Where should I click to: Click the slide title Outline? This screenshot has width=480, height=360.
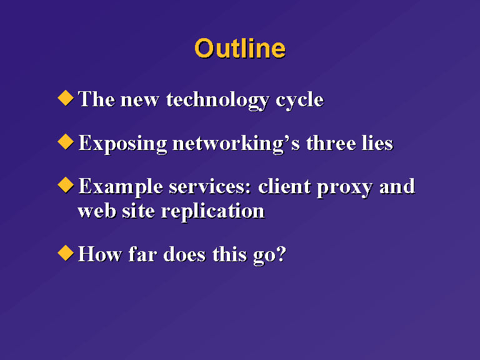coord(240,48)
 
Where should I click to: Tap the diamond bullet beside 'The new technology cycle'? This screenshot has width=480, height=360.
coord(66,98)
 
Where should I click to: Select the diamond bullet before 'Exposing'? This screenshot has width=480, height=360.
coord(66,142)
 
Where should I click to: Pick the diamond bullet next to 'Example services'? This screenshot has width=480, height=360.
coord(66,185)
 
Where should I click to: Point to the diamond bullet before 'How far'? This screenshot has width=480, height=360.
coord(66,253)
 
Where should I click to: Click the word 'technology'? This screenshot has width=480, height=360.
coord(218,101)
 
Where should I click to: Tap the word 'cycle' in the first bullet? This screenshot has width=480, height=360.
coord(300,101)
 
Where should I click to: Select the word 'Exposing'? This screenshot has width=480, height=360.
coord(122,144)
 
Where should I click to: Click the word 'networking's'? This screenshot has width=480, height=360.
coord(236,144)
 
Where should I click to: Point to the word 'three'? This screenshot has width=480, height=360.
coord(331,143)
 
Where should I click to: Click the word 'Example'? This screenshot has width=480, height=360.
coord(121,187)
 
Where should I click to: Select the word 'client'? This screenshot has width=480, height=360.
coord(285,186)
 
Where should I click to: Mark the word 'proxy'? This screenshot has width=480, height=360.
coord(345,188)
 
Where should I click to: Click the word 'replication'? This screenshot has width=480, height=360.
coord(212,212)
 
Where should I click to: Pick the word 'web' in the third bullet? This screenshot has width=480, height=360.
coord(97,211)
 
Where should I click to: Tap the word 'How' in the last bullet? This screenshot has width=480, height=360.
coord(100,254)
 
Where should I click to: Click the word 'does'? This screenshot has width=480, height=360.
coord(184,254)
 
